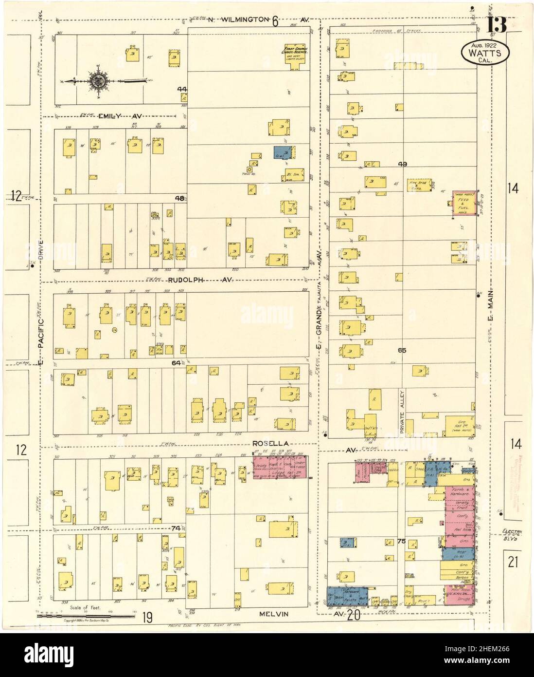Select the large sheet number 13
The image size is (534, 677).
493,24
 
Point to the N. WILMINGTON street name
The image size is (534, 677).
238,20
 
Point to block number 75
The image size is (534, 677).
401,541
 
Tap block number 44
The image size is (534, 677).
182,89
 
